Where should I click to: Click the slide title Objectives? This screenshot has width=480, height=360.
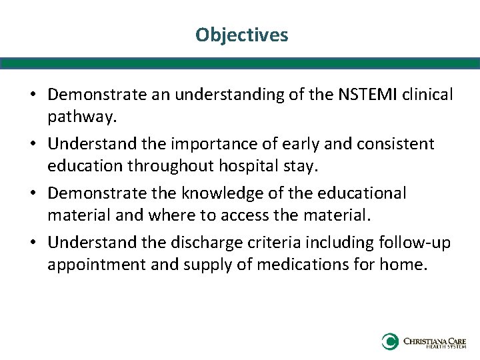(x=241, y=35)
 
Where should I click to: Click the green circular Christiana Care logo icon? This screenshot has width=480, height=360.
(x=389, y=342)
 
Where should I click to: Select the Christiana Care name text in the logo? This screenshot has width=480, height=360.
(x=435, y=341)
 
